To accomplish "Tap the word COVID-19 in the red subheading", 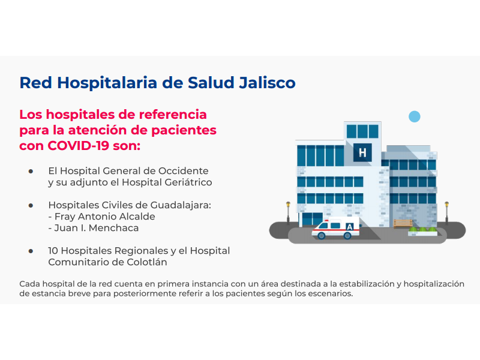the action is pos(79,146).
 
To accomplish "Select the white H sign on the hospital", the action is pos(362,152).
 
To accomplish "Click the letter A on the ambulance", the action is pos(349,227).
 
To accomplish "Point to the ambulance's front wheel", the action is pos(321,235).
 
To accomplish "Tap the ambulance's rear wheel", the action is pos(347,235).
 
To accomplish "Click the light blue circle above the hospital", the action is pos(415,116).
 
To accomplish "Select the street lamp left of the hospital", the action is pos(288,213).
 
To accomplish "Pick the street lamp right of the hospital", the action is pos(446,213).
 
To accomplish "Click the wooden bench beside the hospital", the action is pos(403,223).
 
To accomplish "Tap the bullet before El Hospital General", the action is pos(31,171).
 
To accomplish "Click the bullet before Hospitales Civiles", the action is pos(31,205).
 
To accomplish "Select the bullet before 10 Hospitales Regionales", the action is pos(31,251).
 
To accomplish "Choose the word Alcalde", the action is pos(137,217).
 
